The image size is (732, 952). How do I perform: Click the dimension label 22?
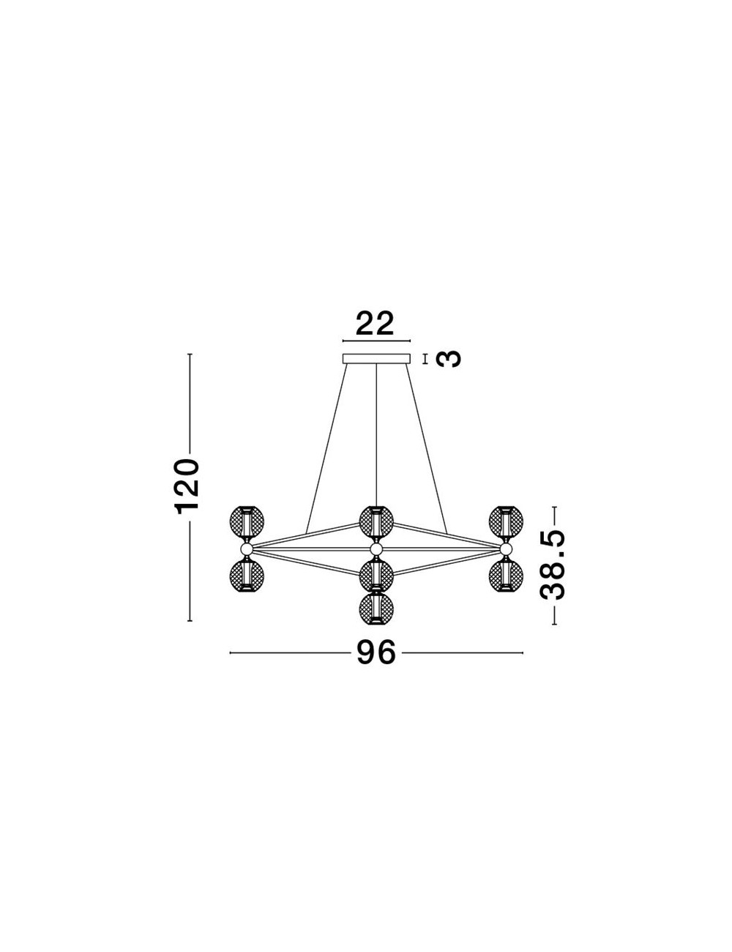(375, 324)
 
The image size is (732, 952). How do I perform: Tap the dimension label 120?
(187, 486)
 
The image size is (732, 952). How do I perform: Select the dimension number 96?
(376, 665)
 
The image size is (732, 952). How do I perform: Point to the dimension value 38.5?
(553, 565)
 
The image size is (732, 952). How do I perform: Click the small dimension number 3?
(449, 359)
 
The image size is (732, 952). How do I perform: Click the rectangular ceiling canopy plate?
(376, 359)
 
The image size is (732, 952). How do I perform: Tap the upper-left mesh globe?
(247, 523)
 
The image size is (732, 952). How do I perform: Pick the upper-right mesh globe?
(506, 523)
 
